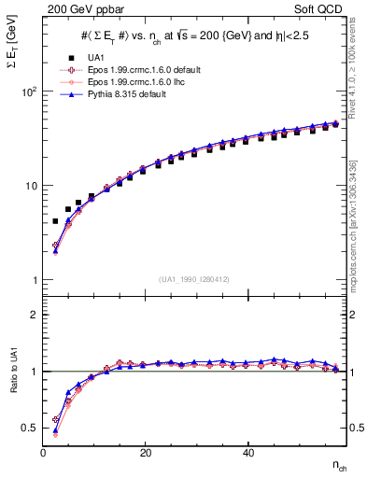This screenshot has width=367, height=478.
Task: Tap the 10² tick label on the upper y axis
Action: pyautogui.click(x=29, y=91)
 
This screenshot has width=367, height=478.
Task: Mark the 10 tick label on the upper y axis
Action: pyautogui.click(x=31, y=186)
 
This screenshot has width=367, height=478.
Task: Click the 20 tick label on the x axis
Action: pyautogui.click(x=145, y=453)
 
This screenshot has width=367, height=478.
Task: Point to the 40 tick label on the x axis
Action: pyautogui.click(x=247, y=453)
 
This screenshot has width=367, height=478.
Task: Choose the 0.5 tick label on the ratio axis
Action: pyautogui.click(x=32, y=428)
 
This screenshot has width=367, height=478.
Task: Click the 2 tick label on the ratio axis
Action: pyautogui.click(x=35, y=315)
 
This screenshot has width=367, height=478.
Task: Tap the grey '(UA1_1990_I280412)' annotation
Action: pyautogui.click(x=193, y=279)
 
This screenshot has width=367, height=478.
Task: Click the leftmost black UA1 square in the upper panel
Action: pyautogui.click(x=55, y=221)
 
